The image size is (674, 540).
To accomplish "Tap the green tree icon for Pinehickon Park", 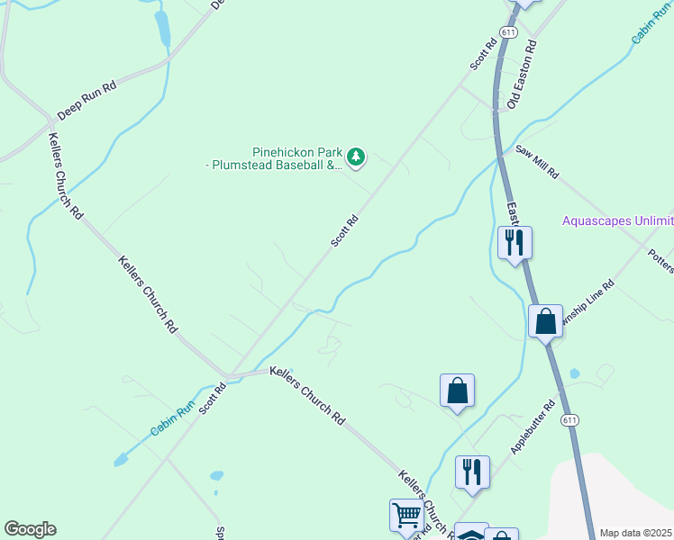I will (x=357, y=158).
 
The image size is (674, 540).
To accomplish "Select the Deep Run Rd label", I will (x=87, y=102).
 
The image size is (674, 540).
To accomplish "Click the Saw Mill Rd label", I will (x=537, y=162).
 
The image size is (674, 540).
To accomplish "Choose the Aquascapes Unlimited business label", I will (x=617, y=220).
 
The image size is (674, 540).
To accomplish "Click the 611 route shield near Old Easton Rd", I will (x=510, y=32).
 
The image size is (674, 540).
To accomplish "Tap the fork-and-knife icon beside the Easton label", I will (x=515, y=242).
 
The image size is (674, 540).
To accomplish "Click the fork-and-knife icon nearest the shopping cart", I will (x=472, y=472).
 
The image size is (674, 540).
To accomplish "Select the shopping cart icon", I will (x=407, y=516).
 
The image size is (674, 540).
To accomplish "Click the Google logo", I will (x=30, y=529).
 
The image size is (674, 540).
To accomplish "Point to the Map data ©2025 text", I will (x=635, y=533).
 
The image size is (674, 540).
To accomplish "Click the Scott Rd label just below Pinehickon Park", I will (x=344, y=230).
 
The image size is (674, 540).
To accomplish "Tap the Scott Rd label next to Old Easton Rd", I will (x=483, y=54).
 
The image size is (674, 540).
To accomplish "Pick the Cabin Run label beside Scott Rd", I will (x=173, y=419).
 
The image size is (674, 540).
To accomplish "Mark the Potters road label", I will (x=660, y=260).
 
